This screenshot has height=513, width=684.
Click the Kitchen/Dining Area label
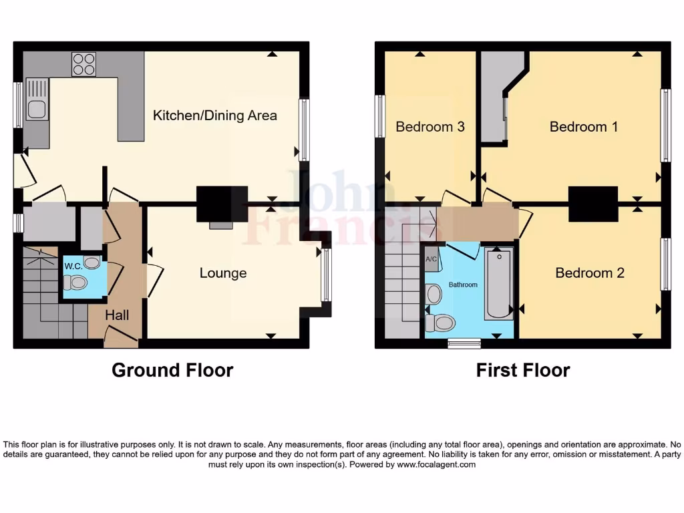(215, 116)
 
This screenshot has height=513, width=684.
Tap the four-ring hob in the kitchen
(83, 64)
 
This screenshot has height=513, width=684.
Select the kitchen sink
(37, 100)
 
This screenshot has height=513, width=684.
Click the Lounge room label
(223, 273)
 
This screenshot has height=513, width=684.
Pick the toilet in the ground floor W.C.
(77, 283)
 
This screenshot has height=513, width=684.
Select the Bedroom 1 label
(583, 126)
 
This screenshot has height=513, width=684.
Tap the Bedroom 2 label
(590, 273)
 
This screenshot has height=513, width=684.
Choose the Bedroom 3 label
(430, 126)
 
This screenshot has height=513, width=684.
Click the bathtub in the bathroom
(499, 284)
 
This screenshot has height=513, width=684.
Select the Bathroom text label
(463, 285)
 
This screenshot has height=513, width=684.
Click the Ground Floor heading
(172, 370)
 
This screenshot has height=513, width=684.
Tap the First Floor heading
(523, 370)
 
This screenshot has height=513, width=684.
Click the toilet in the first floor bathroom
(440, 323)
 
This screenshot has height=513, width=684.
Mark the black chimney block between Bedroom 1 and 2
(592, 203)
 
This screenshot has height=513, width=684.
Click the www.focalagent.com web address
(436, 464)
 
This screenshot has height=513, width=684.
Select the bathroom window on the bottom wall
(464, 343)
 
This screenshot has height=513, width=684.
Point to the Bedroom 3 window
(380, 116)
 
